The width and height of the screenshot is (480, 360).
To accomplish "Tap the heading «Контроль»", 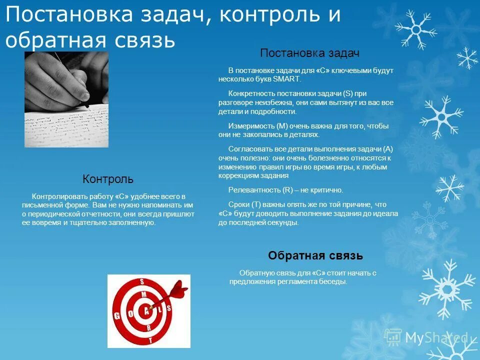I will (108, 179).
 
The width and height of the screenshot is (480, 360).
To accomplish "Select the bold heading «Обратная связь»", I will (315, 256).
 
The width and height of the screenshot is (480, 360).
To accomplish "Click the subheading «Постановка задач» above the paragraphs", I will (310, 53).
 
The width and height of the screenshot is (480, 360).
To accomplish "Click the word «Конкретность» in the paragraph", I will (249, 93).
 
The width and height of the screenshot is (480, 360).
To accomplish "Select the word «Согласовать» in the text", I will (248, 149).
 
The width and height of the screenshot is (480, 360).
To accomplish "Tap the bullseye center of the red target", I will (146, 310).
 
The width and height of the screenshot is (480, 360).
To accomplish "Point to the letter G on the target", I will (117, 315).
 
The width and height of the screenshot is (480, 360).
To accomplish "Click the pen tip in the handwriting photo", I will (87, 105).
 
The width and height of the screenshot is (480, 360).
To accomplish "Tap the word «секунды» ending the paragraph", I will (284, 223).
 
